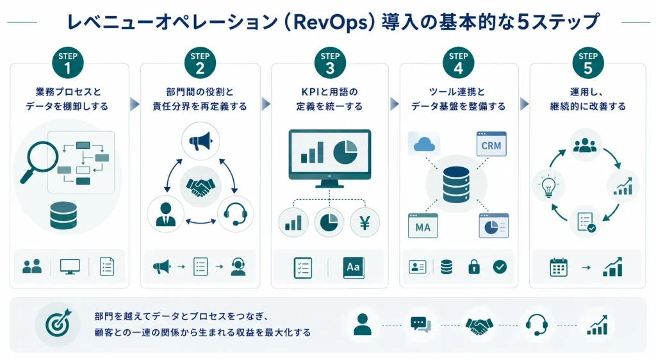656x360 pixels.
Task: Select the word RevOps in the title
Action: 330,22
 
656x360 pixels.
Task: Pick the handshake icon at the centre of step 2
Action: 201,187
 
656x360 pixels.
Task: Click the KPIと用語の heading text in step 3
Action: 329,92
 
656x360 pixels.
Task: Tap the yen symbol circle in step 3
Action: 365,222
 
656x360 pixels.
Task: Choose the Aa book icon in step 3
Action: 354,267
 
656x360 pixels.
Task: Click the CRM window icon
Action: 491,144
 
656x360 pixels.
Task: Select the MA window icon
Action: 423,225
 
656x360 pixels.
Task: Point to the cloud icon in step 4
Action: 424,145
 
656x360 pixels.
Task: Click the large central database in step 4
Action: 456,184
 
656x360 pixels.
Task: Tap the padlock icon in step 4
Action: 473,266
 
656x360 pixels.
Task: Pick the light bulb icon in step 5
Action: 548,186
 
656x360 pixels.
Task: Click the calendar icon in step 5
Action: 559,267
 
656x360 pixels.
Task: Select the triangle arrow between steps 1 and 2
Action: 135,104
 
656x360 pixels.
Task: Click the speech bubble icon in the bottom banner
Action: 420,325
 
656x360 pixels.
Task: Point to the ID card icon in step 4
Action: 418,266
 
